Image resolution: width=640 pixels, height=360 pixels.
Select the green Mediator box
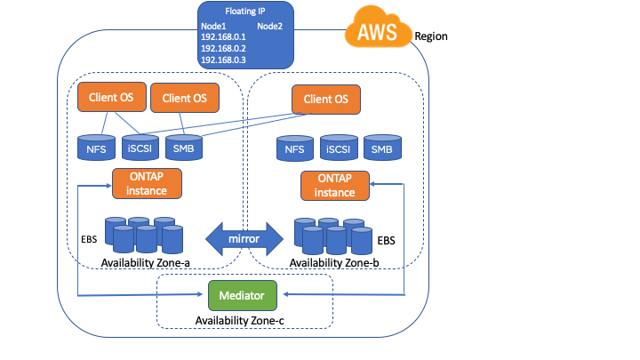click(243, 292)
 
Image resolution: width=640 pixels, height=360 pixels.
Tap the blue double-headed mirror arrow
click(244, 237)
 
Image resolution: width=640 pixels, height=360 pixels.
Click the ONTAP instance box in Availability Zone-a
click(147, 183)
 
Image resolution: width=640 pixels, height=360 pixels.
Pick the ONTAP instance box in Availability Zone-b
click(335, 186)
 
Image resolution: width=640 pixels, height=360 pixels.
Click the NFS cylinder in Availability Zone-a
click(95, 148)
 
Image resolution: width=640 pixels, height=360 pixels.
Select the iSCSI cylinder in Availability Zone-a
click(140, 148)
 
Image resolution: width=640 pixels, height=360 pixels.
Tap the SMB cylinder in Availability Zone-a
click(183, 148)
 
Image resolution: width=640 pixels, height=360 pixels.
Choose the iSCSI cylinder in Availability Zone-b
click(339, 150)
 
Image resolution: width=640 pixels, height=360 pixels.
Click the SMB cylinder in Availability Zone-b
click(382, 150)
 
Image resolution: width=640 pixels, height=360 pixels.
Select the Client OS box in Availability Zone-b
click(326, 100)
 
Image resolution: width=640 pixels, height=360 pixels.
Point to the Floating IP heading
click(244, 12)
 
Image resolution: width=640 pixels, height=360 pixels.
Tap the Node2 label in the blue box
click(269, 26)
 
